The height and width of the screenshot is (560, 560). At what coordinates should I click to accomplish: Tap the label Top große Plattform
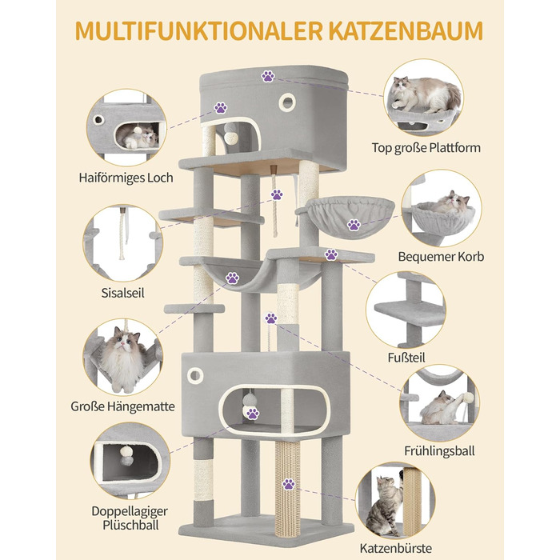(x=426, y=147)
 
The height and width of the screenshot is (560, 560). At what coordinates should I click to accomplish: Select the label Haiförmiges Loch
(x=126, y=177)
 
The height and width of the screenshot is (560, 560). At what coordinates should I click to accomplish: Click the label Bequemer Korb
(x=440, y=257)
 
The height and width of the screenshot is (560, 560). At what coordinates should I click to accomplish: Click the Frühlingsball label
(x=438, y=451)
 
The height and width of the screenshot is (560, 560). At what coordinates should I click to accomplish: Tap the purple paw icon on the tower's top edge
(x=267, y=77)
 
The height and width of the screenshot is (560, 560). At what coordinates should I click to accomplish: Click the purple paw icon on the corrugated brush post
(x=289, y=484)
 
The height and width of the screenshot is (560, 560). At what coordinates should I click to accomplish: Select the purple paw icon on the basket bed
(x=354, y=225)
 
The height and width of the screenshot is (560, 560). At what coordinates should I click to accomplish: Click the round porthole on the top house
(x=286, y=102)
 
